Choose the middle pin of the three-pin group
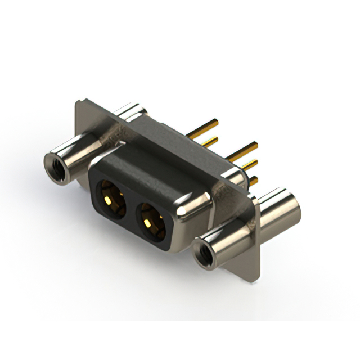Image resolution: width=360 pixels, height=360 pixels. point(247,165)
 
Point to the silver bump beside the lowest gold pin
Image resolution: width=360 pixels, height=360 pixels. point(240,180)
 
